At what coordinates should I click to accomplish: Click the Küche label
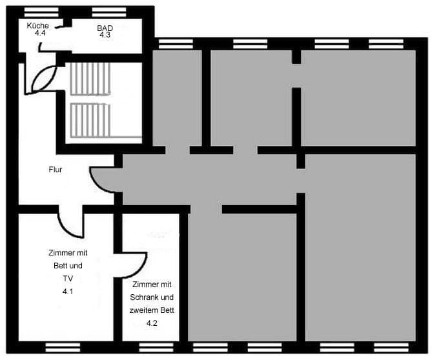(x=37, y=25)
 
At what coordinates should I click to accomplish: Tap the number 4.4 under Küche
(x=40, y=32)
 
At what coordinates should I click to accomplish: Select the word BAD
(x=105, y=28)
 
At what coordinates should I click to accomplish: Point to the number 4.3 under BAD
(x=105, y=35)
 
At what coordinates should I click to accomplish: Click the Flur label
(x=56, y=170)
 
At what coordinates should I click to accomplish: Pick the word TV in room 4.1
(x=67, y=279)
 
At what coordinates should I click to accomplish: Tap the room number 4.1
(x=67, y=292)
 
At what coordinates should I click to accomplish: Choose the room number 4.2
(x=152, y=323)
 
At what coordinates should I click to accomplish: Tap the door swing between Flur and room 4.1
(x=70, y=223)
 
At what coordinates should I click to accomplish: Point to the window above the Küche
(x=41, y=12)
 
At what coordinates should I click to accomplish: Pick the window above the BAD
(x=108, y=12)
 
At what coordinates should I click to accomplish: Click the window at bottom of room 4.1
(x=63, y=348)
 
